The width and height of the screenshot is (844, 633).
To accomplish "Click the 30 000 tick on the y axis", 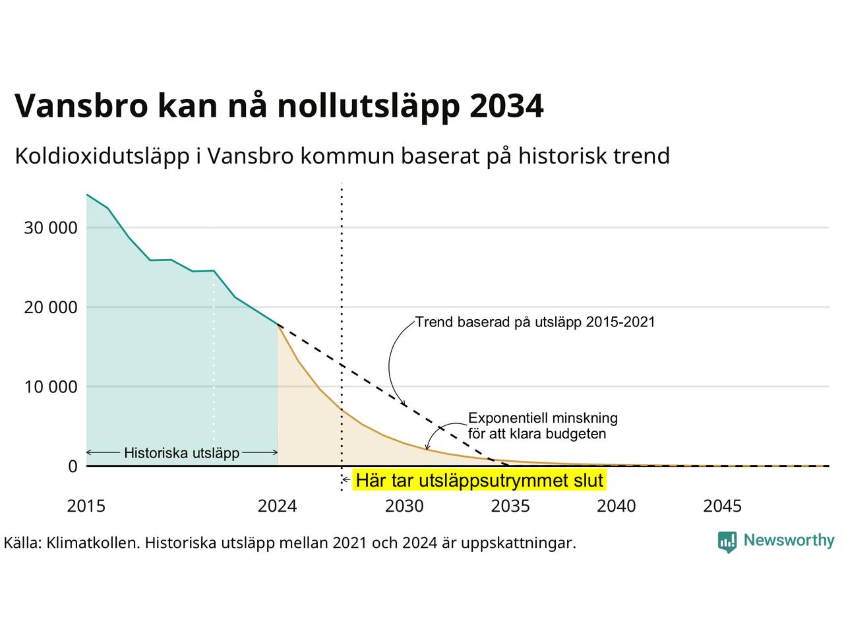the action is click(x=51, y=228).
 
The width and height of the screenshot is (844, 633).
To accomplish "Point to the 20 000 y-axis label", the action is click(x=51, y=307).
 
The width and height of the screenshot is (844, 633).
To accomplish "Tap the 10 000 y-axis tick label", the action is click(x=51, y=387).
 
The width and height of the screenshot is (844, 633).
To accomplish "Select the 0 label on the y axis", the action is click(x=73, y=466).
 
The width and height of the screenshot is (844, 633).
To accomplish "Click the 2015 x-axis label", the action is click(x=86, y=506).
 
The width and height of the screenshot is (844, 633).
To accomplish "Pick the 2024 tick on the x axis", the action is click(x=277, y=506).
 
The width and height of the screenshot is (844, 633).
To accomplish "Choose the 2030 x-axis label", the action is click(x=404, y=506).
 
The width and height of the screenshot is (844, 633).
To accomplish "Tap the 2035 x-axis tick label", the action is click(x=510, y=506).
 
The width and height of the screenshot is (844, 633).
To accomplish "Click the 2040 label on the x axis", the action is click(x=617, y=506).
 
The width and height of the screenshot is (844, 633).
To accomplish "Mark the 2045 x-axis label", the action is click(x=723, y=506).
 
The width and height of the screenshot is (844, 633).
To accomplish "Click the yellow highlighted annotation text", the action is click(x=479, y=481).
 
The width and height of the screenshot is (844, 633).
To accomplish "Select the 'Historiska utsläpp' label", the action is click(x=182, y=453).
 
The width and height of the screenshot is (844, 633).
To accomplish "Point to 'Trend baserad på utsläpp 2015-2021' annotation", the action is click(x=535, y=322).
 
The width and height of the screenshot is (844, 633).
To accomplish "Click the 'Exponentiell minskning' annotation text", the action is click(x=543, y=418).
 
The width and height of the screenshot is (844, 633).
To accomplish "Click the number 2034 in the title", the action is click(x=507, y=105).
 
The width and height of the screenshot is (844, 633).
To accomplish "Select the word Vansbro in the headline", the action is click(x=82, y=105).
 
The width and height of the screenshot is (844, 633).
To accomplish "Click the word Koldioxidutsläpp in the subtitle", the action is click(x=102, y=157).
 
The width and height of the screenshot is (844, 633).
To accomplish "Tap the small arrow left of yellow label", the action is click(x=346, y=479).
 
